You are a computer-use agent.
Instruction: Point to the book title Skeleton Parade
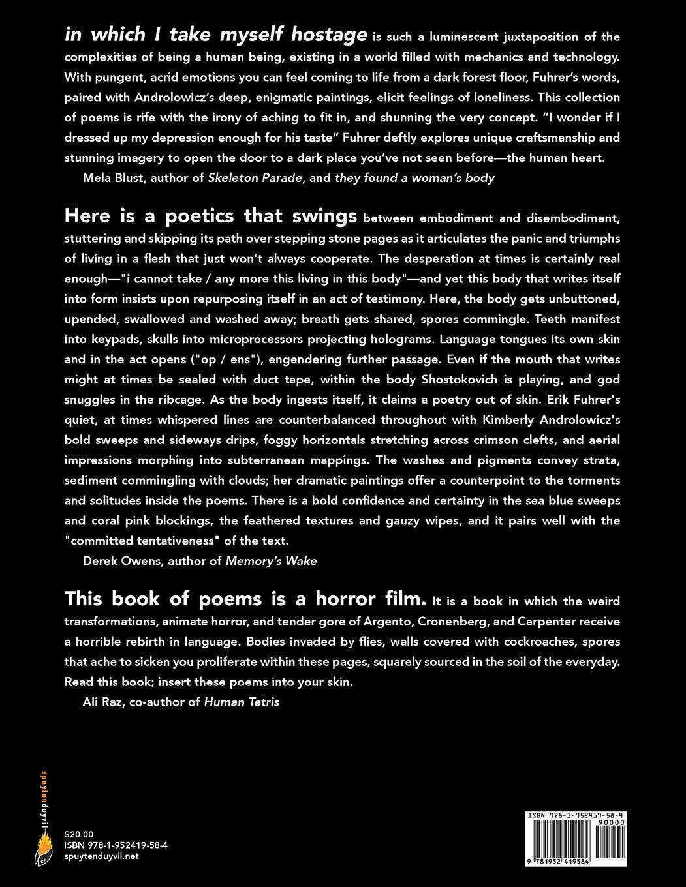(x=256, y=178)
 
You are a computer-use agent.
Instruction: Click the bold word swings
(x=324, y=216)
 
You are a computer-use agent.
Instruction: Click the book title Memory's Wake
(x=272, y=561)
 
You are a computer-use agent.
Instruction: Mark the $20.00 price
(x=80, y=834)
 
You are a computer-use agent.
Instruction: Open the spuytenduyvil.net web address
(x=102, y=856)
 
